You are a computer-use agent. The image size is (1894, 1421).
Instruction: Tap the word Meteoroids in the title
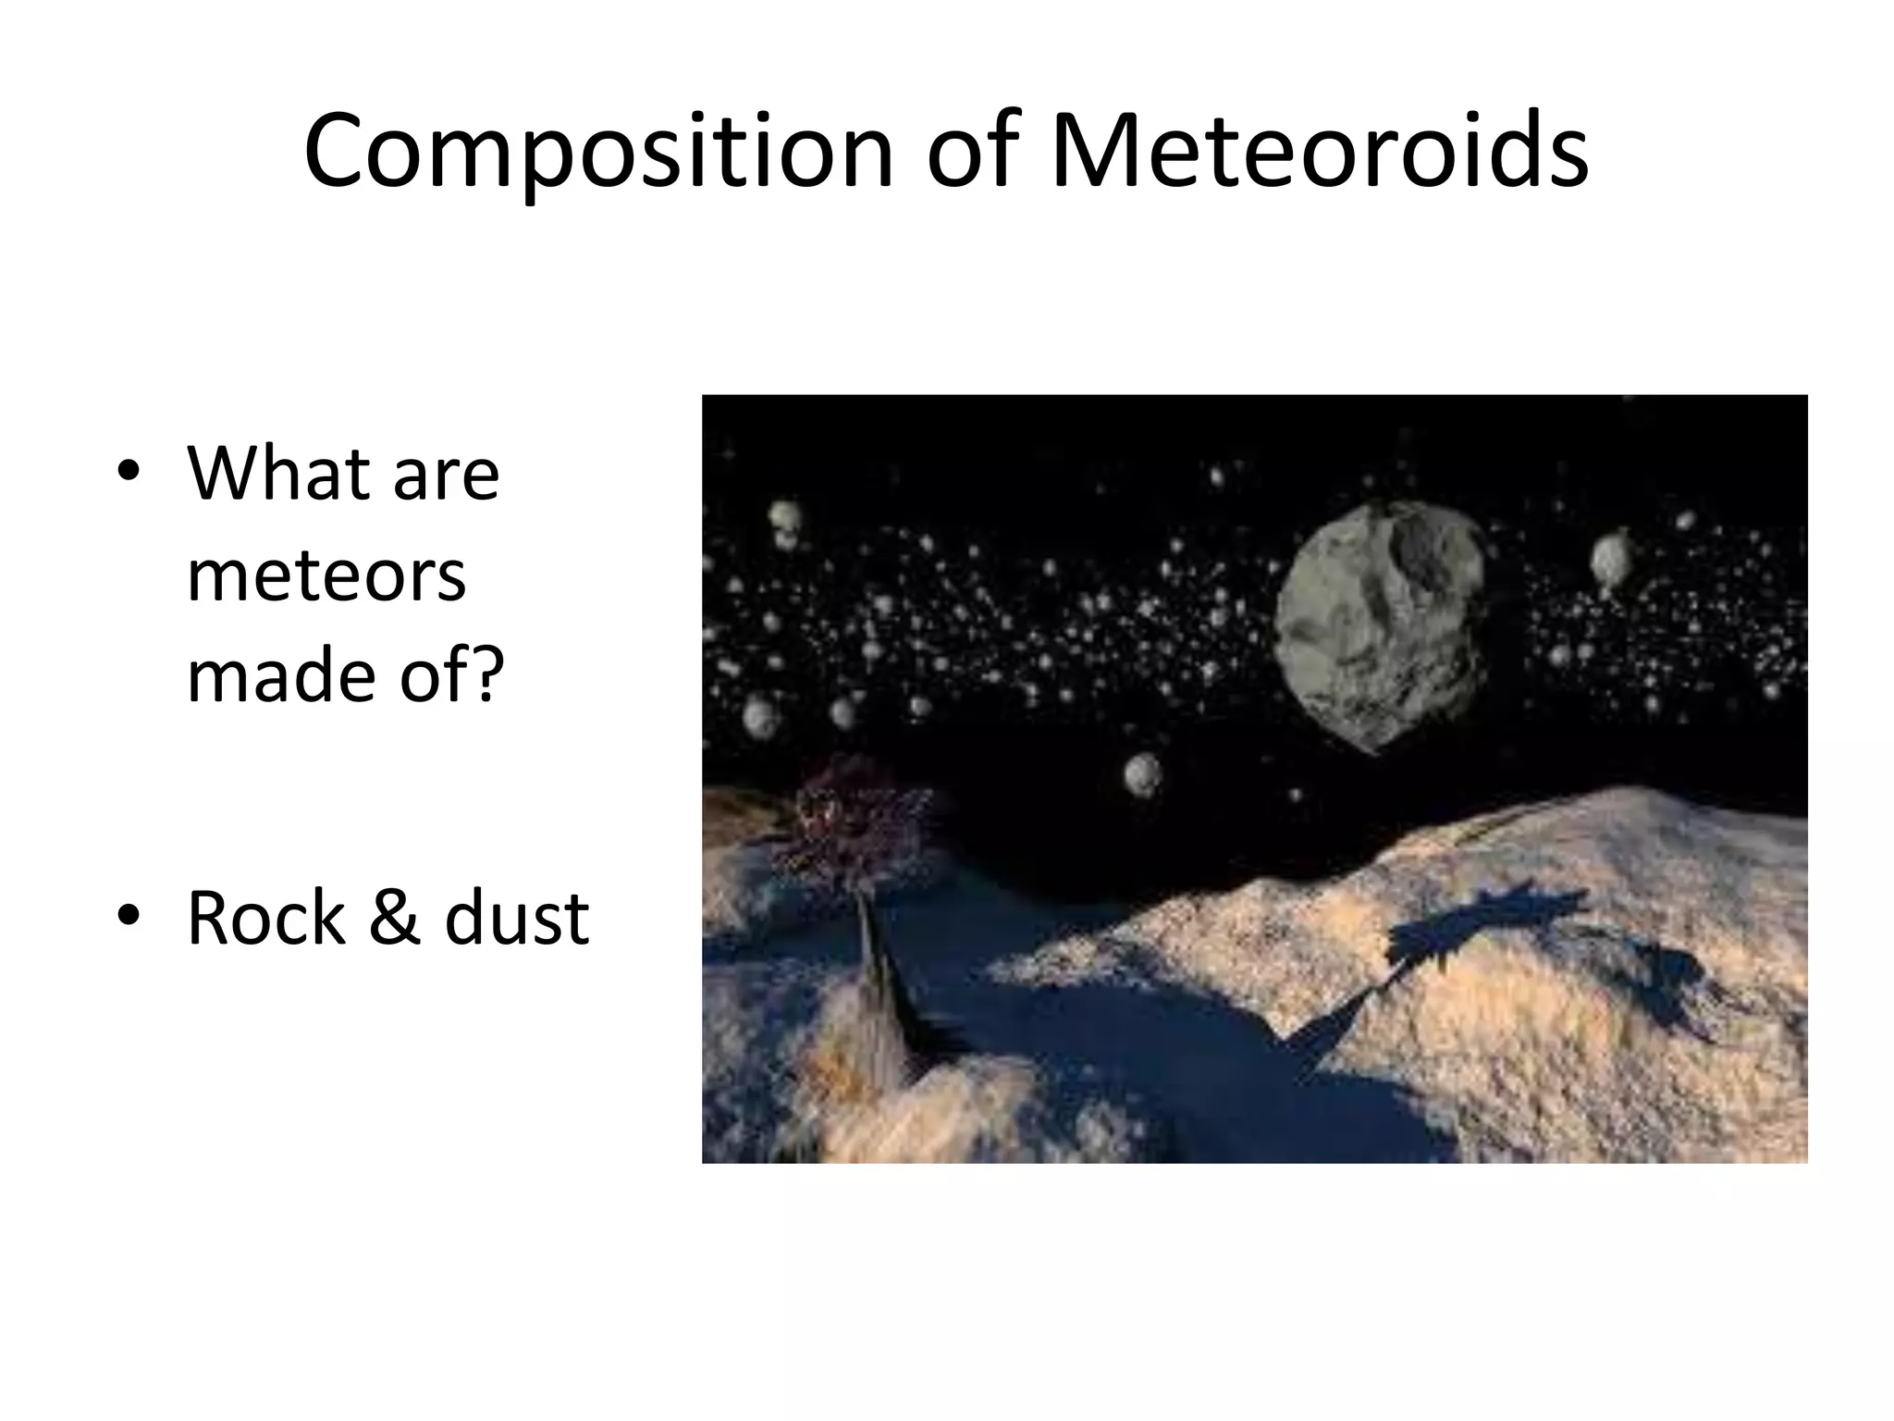1320,150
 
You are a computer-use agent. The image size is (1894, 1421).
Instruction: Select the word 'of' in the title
971,150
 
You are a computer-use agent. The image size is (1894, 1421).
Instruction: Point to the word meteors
326,575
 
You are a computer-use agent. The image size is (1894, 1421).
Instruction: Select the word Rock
265,918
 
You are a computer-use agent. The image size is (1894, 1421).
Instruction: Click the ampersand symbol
394,918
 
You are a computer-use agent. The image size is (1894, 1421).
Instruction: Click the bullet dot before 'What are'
129,472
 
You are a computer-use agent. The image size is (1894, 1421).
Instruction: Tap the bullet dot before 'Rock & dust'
129,916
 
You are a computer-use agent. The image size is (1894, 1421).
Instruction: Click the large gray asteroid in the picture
1378,624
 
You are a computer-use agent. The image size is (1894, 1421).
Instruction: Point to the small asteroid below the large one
1143,773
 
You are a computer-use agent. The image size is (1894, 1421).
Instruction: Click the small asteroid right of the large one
1610,559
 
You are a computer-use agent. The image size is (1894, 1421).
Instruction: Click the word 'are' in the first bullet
446,474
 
